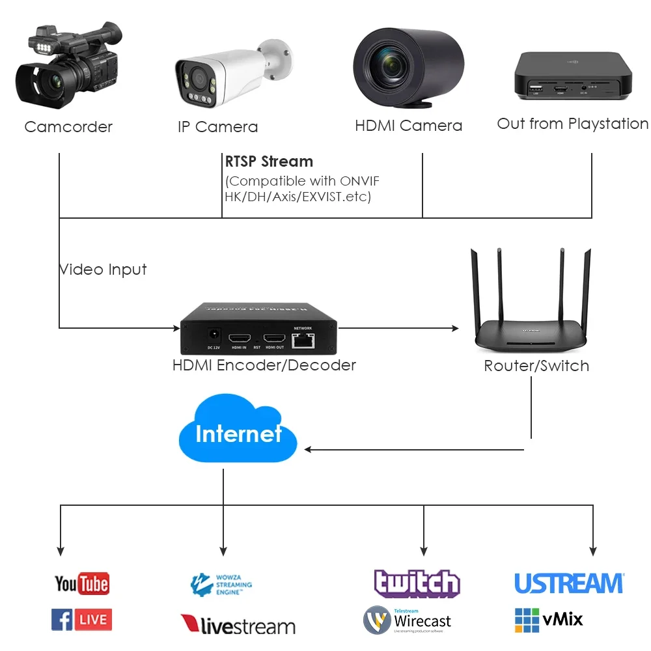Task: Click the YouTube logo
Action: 81,583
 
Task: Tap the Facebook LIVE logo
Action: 81,619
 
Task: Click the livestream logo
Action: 238,626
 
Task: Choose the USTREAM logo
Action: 569,583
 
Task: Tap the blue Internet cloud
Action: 238,433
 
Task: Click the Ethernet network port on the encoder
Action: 303,339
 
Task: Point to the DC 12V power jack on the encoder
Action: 212,336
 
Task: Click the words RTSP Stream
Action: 269,161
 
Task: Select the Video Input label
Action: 103,270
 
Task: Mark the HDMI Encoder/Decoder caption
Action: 264,365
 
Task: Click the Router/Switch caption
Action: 536,366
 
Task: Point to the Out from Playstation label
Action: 572,124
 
